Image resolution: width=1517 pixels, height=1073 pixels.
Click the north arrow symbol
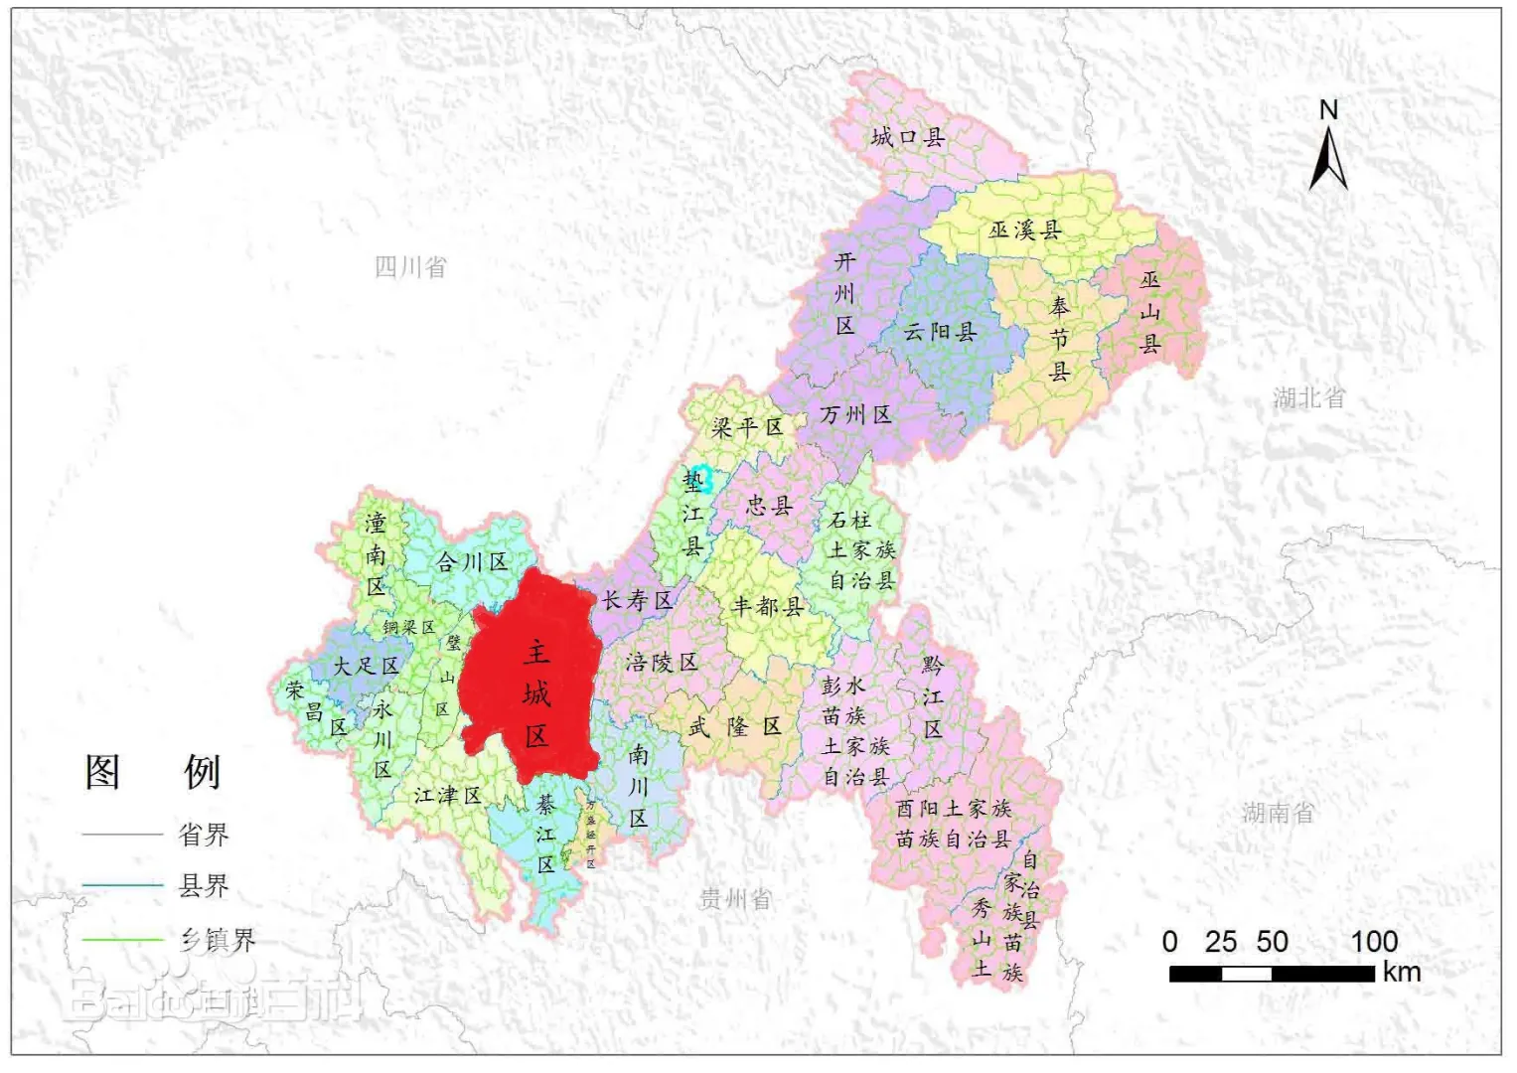(1328, 159)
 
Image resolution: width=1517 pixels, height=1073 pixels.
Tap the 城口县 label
(907, 137)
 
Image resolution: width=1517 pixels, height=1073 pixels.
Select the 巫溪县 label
(1024, 230)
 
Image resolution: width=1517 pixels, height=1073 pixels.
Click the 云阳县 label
(939, 332)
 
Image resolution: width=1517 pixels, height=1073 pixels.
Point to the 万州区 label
(855, 414)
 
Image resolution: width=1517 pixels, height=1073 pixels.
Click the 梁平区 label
(747, 427)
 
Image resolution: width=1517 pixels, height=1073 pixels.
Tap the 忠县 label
(769, 506)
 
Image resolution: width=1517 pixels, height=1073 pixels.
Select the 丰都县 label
(767, 606)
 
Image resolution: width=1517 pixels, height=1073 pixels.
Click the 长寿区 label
(637, 600)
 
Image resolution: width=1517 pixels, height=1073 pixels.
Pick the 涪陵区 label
(661, 663)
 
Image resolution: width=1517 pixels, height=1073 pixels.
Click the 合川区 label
(472, 562)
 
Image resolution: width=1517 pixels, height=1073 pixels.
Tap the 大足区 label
(365, 666)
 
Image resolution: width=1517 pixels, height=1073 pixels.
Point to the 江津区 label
(447, 796)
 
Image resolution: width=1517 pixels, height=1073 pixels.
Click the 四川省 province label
(410, 266)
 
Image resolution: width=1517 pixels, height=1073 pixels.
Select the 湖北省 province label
(1308, 398)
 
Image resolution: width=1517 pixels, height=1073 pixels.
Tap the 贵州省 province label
(734, 899)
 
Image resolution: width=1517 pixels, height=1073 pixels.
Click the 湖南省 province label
(1278, 813)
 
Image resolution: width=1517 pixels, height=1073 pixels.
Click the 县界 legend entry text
(204, 885)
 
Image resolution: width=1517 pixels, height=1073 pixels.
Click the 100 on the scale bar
(1374, 941)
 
